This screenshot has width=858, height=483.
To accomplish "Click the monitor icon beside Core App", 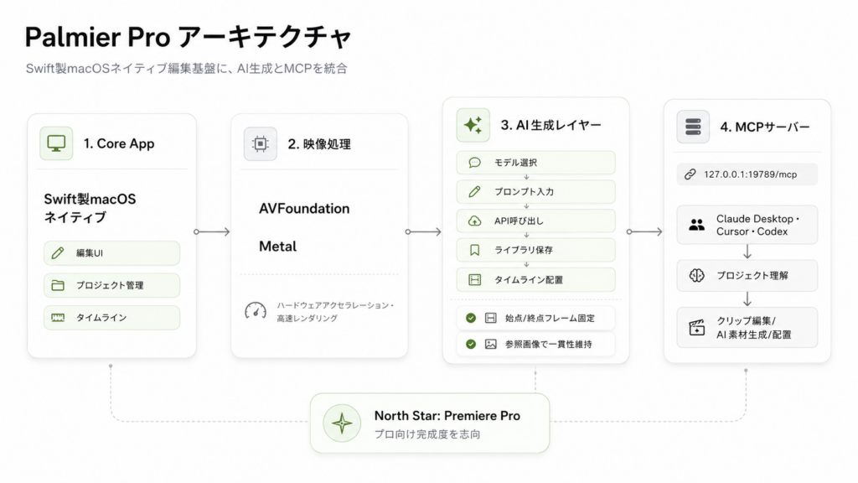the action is [x=56, y=143].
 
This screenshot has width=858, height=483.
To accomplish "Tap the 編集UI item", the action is [x=111, y=253].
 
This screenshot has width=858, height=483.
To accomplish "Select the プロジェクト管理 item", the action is [x=111, y=285].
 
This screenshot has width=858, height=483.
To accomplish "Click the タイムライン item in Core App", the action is [x=111, y=318].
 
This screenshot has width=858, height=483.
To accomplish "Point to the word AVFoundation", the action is [x=304, y=209].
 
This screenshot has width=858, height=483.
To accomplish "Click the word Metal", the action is [x=278, y=247].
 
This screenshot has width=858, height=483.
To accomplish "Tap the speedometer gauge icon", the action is [x=256, y=310].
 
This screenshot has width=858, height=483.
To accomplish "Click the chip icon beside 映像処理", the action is [x=261, y=143].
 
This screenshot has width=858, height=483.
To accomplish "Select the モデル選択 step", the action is [x=535, y=163].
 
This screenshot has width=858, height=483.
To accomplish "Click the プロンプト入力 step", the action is [x=535, y=192].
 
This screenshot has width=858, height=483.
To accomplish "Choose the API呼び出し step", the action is [x=535, y=221].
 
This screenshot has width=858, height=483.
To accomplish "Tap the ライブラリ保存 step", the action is [x=535, y=250].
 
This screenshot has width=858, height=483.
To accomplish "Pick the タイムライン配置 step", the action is [x=535, y=280].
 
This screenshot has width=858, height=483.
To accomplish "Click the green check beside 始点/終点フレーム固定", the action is [x=471, y=318].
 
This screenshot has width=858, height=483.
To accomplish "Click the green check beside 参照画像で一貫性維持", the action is [x=471, y=345].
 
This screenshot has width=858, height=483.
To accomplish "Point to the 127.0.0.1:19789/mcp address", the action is [x=750, y=174].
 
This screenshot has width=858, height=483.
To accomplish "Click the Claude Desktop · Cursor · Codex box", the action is [x=747, y=225].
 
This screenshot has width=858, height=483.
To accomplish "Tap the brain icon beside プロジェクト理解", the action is [x=696, y=275].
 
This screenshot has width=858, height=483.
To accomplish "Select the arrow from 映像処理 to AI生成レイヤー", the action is [x=423, y=232].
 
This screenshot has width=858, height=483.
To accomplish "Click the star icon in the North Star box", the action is [x=342, y=423].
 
